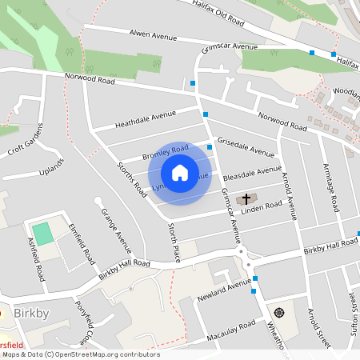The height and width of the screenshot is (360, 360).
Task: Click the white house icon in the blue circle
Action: (180, 173)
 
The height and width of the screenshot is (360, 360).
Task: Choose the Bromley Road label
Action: (165, 152)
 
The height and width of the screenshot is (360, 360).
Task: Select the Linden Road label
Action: (262, 207)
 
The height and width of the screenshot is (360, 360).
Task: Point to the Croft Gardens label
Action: (25, 141)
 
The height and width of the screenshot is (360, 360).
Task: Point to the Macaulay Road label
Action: (231, 331)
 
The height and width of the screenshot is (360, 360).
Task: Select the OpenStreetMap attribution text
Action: (80, 354)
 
